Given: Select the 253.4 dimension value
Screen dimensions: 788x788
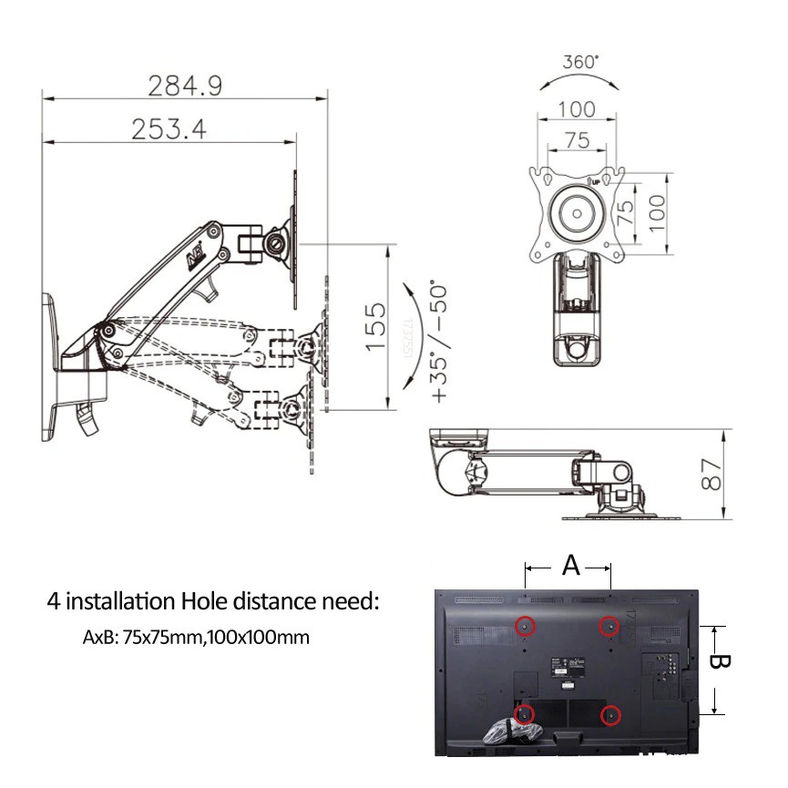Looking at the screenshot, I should point(169,128).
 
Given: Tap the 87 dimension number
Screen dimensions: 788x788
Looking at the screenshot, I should point(713,475).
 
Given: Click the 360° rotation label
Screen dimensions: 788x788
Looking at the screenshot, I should point(580,63).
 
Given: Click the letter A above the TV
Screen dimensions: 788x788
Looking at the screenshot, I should point(570,566).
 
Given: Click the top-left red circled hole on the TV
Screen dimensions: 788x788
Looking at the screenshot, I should point(525,626).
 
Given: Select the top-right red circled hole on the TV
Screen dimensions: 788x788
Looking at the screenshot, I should point(609,626).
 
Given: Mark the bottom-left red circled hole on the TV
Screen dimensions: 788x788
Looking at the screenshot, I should point(525,714).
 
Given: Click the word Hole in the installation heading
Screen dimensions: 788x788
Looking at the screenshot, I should point(204,601).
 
